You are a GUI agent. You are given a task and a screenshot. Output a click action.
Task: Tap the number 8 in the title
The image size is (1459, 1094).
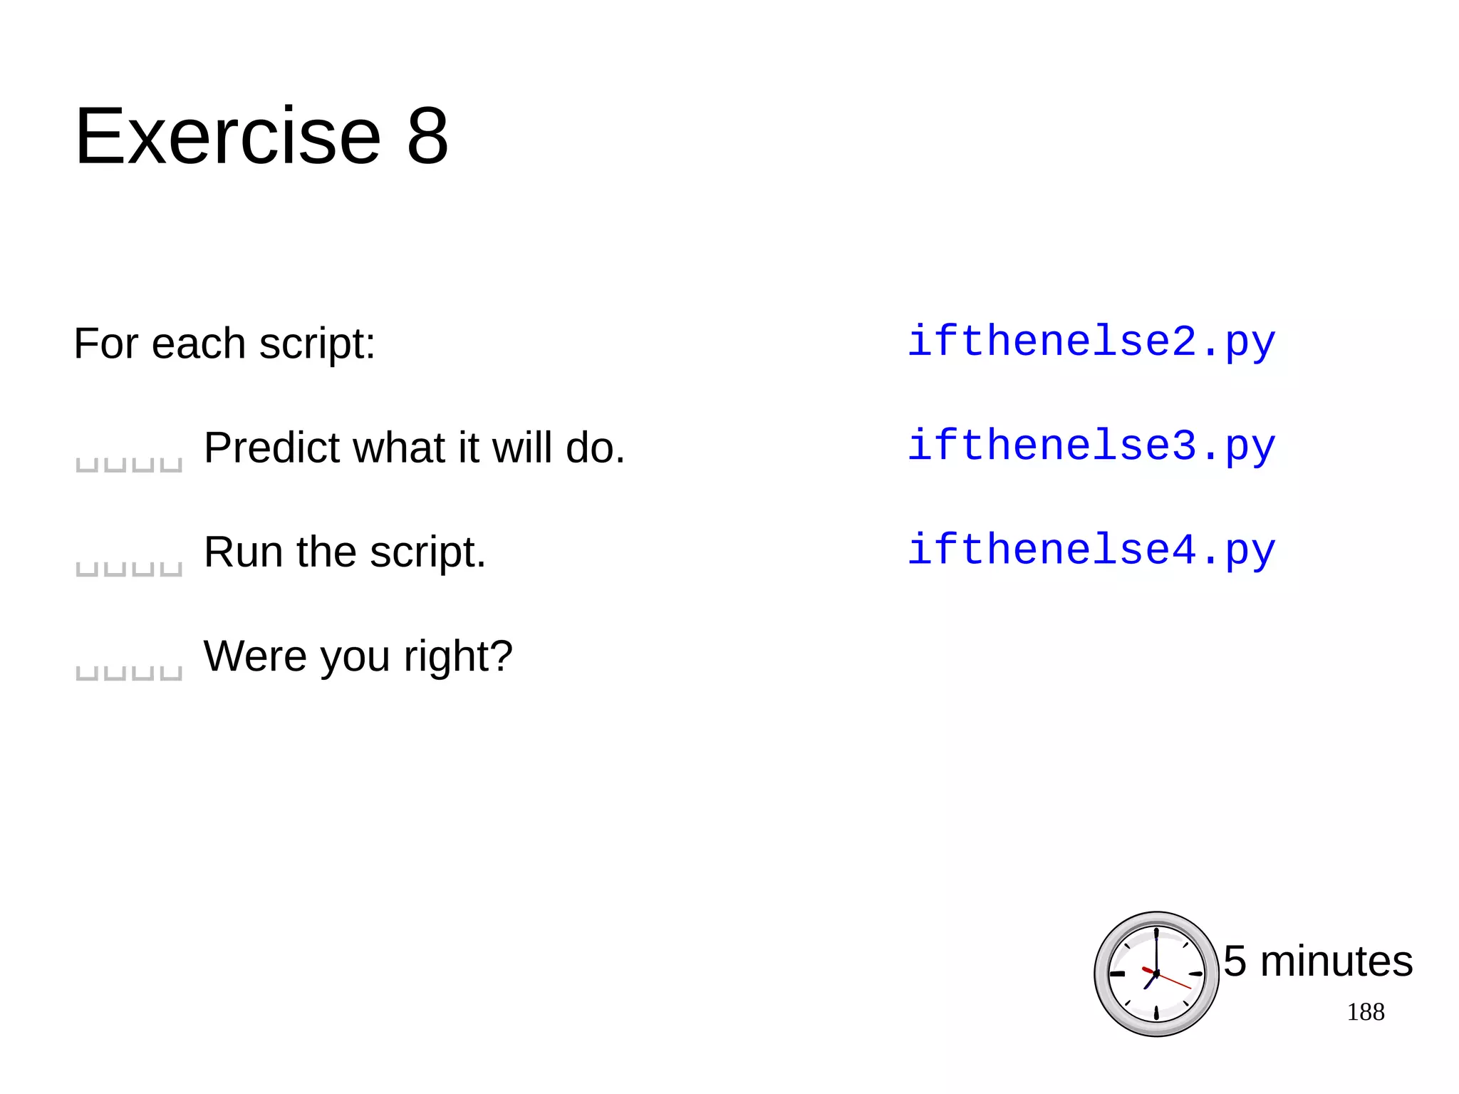(427, 136)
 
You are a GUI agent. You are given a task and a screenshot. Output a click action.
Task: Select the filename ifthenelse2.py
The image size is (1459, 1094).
(1091, 342)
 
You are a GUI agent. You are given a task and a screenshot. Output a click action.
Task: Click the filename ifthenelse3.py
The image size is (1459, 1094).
(1091, 446)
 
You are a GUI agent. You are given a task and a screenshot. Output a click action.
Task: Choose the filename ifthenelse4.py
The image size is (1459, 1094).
(1091, 550)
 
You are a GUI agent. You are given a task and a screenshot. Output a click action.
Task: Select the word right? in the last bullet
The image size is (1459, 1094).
(458, 657)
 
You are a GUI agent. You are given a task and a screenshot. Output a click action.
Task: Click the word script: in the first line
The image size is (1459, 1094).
(317, 344)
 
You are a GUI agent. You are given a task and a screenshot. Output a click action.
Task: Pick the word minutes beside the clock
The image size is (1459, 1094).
(1336, 961)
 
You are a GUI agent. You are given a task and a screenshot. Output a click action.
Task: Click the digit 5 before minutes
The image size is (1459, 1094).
(1235, 961)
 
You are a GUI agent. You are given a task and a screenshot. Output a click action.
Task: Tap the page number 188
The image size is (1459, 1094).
(1365, 1012)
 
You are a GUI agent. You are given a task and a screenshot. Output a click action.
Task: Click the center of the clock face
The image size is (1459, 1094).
(1156, 974)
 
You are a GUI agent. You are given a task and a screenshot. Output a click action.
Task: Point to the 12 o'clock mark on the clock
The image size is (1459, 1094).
(1156, 934)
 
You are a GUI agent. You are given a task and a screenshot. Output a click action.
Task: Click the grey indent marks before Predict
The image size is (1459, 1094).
(129, 465)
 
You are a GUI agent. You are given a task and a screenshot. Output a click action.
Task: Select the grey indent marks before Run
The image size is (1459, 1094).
(129, 569)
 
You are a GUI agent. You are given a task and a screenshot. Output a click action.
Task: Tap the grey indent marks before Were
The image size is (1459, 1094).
(129, 673)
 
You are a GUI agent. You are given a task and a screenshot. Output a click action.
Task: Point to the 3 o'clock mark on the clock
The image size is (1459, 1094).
(1196, 974)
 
